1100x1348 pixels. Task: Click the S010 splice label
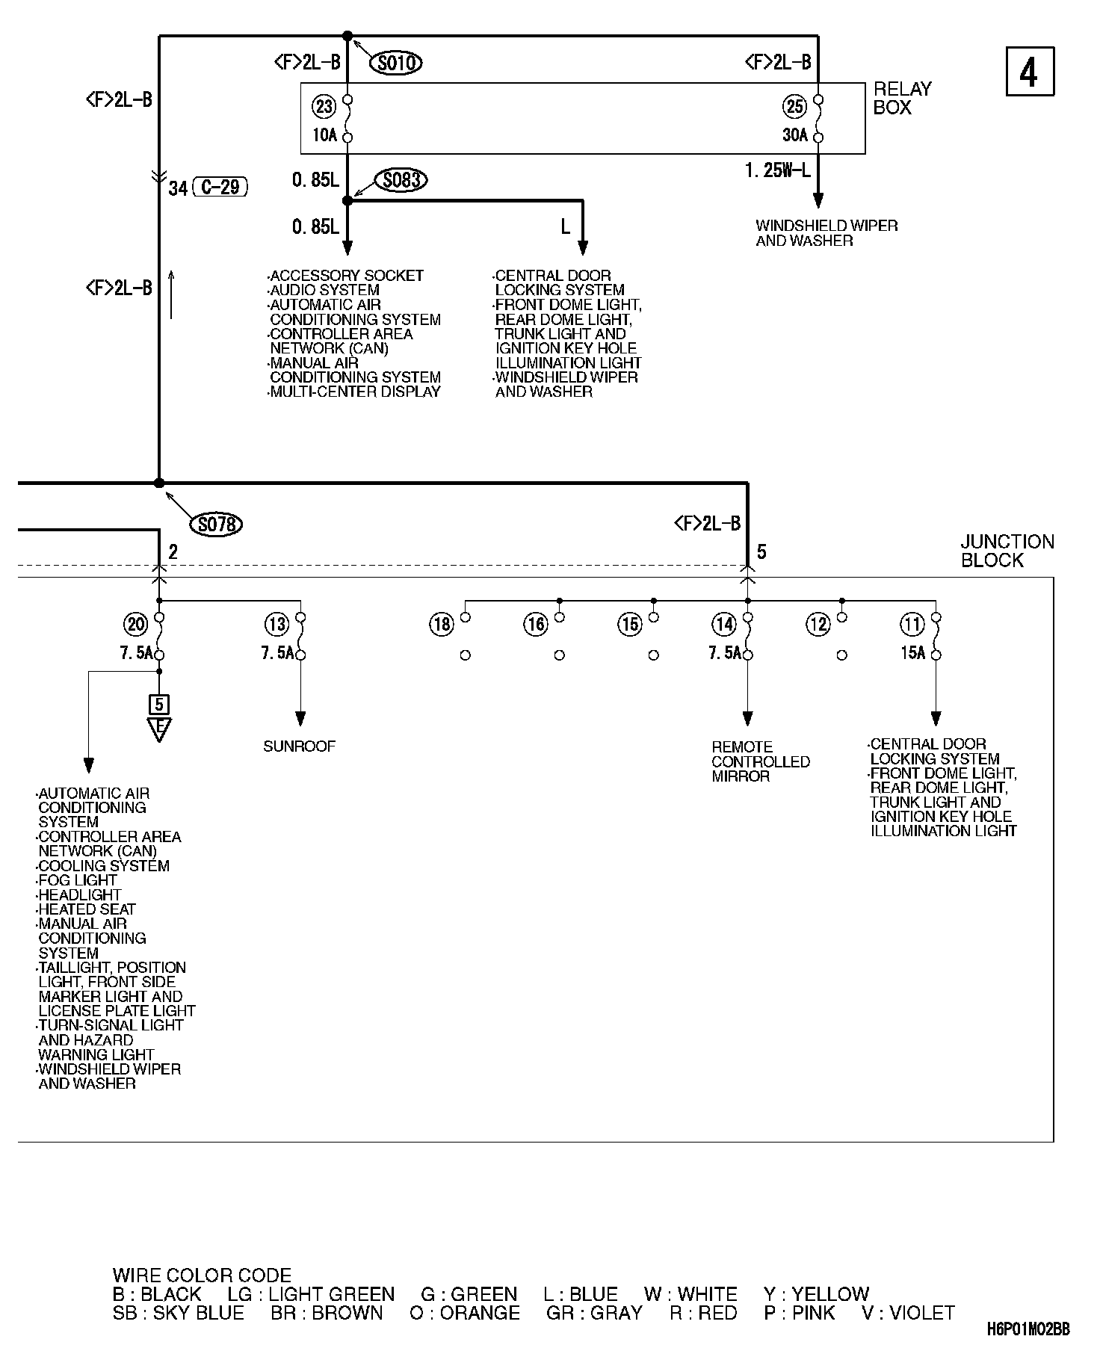coord(396,63)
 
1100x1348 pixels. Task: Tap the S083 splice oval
coord(401,180)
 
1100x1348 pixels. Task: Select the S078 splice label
coord(217,525)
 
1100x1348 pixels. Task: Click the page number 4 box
coord(1030,72)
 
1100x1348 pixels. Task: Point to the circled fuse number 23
coord(324,107)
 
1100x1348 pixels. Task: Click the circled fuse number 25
coord(794,107)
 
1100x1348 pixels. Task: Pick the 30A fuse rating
coord(794,135)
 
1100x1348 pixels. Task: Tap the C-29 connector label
coord(220,187)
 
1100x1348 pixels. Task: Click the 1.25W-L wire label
coord(777,171)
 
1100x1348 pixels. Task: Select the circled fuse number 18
coord(442,624)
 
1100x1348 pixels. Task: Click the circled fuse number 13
coord(276,624)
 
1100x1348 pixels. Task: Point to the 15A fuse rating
coord(912,653)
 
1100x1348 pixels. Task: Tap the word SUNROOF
coord(300,746)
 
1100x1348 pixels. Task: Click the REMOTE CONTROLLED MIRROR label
coord(760,761)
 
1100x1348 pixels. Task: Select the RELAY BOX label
coord(902,98)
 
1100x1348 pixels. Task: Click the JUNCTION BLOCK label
coord(1007,551)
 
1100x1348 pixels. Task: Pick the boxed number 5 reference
coord(158,704)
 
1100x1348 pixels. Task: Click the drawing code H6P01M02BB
coord(1028,1329)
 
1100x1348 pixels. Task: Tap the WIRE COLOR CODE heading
coord(202,1275)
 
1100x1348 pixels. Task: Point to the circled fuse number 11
coord(912,624)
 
